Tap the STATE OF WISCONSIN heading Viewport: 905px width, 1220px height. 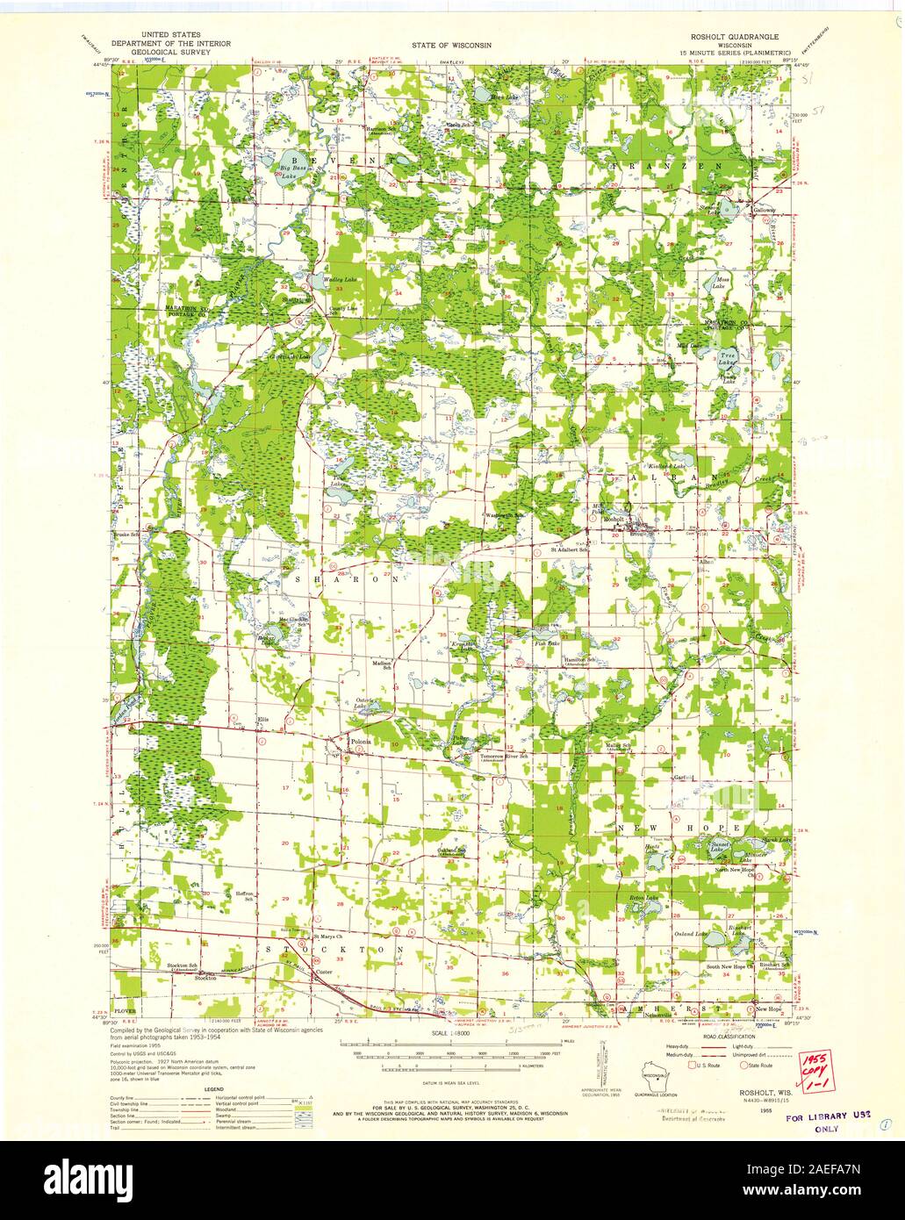click(454, 43)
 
